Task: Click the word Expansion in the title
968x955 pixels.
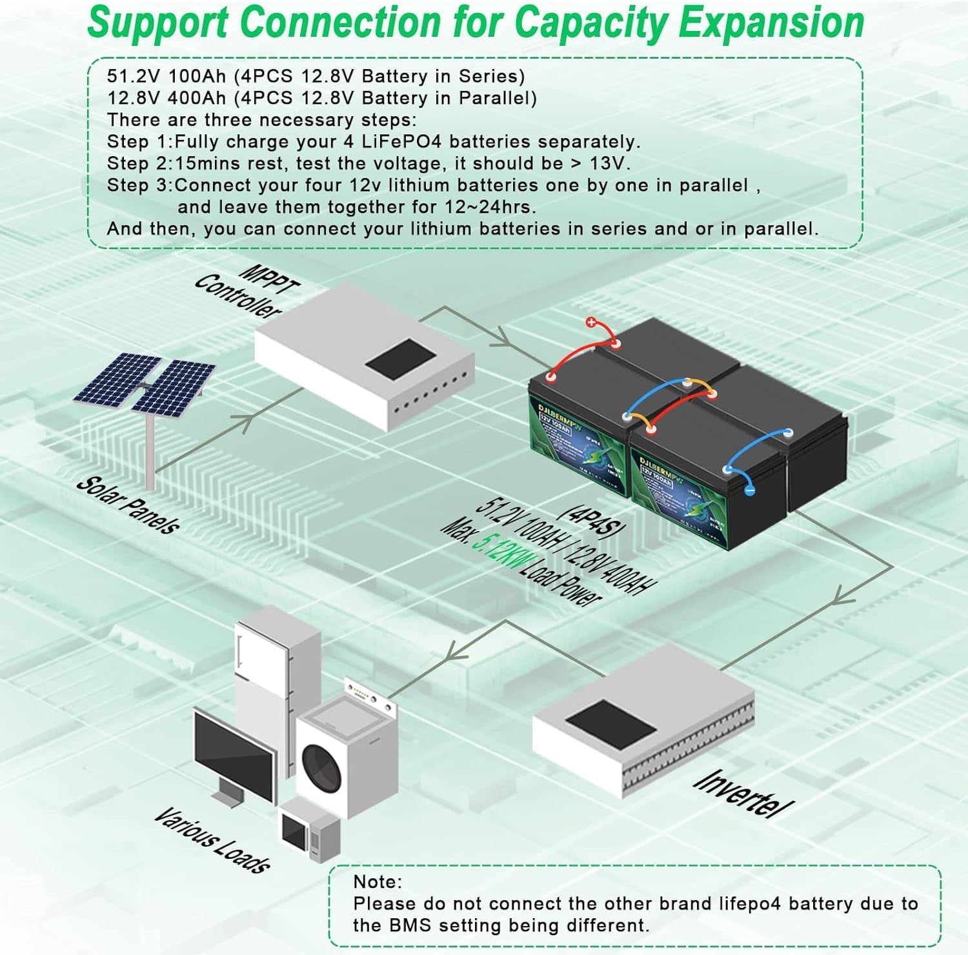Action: (771, 23)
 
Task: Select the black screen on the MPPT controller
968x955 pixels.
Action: (400, 359)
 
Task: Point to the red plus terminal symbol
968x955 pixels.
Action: (591, 323)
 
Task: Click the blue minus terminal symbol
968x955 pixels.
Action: (750, 490)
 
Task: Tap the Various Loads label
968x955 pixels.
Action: (212, 841)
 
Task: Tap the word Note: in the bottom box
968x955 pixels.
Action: (378, 881)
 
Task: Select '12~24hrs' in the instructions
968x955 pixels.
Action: (491, 207)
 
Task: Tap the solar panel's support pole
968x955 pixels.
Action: (150, 452)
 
